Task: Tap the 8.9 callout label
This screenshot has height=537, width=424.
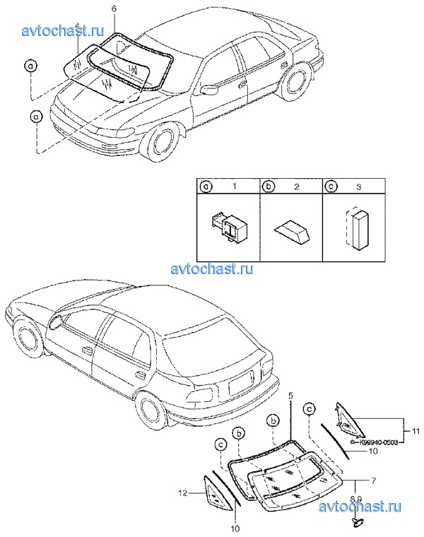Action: (359, 498)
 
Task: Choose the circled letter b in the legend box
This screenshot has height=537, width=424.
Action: (269, 188)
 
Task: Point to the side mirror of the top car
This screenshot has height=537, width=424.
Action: (209, 90)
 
